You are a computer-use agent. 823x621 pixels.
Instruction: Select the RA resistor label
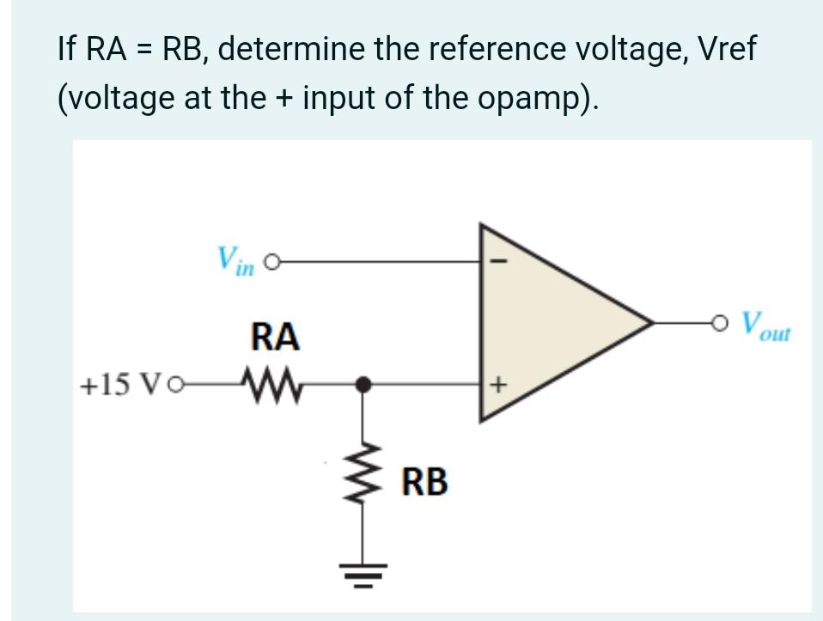click(274, 338)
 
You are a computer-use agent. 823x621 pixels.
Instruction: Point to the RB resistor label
click(425, 482)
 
